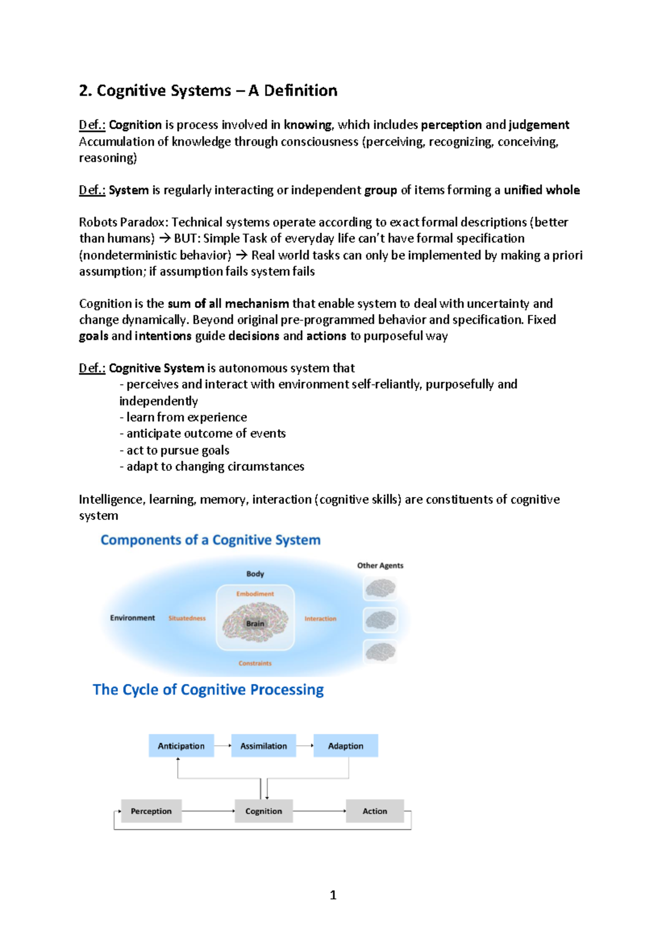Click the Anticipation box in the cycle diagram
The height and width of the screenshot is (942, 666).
(x=181, y=746)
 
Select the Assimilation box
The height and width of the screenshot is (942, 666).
(x=264, y=746)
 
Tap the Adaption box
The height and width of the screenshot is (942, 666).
(x=345, y=746)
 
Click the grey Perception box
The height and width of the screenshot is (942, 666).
(x=151, y=811)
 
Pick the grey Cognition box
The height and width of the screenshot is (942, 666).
(x=264, y=811)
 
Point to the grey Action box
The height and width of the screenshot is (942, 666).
(x=375, y=811)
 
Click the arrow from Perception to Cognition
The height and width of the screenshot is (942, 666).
(x=208, y=811)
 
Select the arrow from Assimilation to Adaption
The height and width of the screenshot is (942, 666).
(x=304, y=746)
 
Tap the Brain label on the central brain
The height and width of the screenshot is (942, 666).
(x=255, y=624)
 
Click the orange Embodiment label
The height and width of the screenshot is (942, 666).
(x=255, y=594)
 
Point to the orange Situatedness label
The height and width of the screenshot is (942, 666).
(x=187, y=618)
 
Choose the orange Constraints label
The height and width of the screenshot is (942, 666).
(x=255, y=663)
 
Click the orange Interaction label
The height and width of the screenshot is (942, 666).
(x=320, y=619)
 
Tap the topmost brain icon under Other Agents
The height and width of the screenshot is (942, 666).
(x=380, y=588)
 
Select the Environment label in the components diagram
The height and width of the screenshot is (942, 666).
(x=133, y=618)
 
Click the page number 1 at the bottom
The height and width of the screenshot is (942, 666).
(x=333, y=895)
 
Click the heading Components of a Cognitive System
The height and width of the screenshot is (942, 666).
(x=210, y=540)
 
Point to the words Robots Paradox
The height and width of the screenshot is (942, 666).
(x=122, y=222)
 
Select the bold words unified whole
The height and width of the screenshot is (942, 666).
(x=542, y=190)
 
